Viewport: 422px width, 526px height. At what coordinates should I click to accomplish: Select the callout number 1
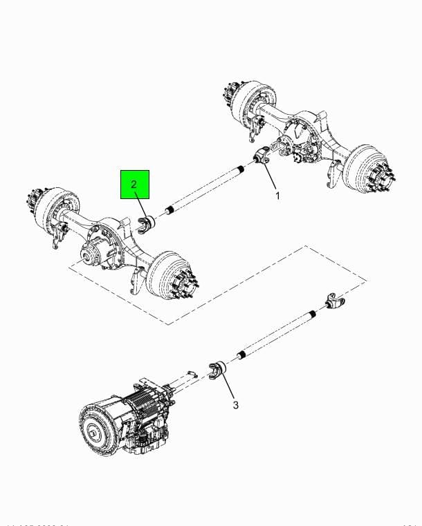click(278, 196)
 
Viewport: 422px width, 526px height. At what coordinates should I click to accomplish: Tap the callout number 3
click(235, 404)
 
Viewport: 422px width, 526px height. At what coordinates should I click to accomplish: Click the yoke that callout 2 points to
click(147, 225)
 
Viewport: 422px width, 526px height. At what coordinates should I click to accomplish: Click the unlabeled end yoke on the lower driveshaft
click(333, 303)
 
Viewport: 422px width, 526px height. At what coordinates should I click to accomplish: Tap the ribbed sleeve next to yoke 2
click(170, 210)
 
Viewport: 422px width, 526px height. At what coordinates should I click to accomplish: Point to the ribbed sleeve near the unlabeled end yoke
click(312, 314)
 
